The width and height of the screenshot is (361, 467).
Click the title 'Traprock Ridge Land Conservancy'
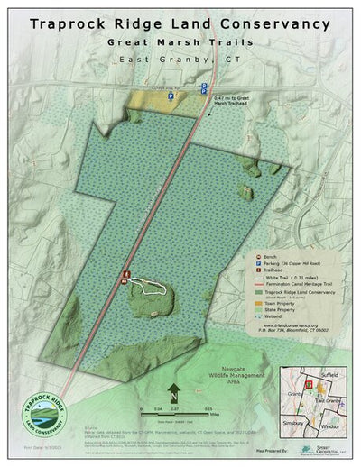click(180, 25)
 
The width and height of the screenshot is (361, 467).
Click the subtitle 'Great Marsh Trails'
click(180, 42)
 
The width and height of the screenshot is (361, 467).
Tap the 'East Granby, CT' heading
click(180, 60)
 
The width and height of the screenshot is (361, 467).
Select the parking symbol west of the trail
click(171, 94)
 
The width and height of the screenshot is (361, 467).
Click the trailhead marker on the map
click(126, 272)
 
